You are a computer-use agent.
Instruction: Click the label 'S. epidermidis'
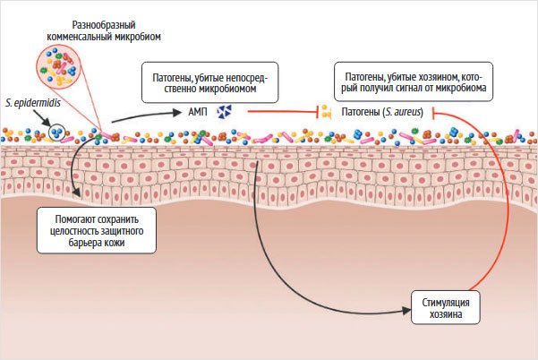point(30,103)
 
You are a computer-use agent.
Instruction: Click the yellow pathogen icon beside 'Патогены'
point(327,112)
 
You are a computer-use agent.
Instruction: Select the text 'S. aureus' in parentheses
point(402,112)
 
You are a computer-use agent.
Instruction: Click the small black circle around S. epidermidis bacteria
point(58,134)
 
